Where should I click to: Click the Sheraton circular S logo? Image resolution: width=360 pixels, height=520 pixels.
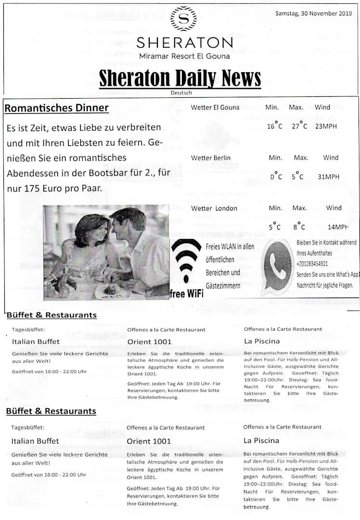tap(183, 18)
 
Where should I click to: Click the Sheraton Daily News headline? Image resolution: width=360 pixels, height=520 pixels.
tap(180, 78)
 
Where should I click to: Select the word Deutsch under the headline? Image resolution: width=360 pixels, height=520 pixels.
tap(181, 93)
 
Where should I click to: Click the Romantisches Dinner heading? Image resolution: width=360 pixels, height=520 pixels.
tap(56, 108)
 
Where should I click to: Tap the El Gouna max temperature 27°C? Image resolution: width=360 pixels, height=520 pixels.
tap(299, 127)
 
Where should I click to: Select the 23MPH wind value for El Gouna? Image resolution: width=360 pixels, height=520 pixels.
tap(327, 127)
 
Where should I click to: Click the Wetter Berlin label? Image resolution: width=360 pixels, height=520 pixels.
tap(211, 158)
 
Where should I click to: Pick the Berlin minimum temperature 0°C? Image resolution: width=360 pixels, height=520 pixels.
tap(276, 177)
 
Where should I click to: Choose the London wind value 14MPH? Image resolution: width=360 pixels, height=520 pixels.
tap(338, 227)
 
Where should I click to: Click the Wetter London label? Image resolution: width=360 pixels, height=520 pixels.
tap(214, 208)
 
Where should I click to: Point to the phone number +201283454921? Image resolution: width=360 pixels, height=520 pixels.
tap(312, 264)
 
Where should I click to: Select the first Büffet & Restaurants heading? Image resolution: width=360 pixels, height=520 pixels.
tap(51, 315)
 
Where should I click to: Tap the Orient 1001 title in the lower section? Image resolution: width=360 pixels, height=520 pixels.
tap(149, 441)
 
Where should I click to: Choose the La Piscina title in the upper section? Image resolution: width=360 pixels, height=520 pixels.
tap(261, 341)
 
